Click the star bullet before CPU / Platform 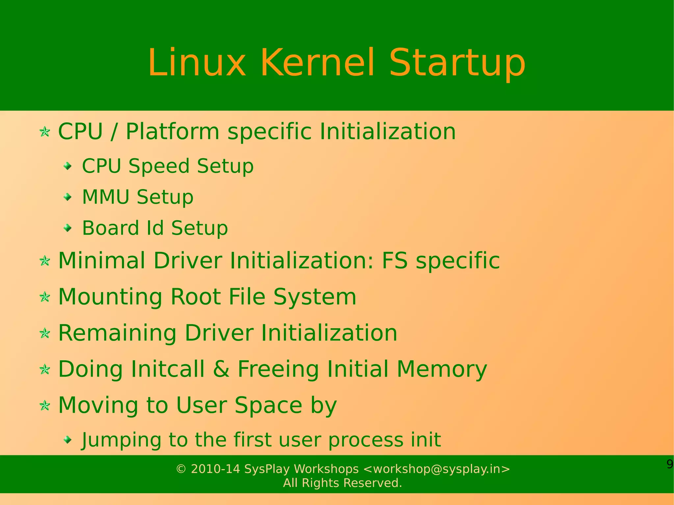[x=45, y=132]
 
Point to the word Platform [x=172, y=132]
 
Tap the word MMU [x=106, y=197]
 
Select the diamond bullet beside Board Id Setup [x=68, y=228]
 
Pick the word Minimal [x=102, y=261]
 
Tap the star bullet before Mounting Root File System [x=45, y=297]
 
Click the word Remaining [x=117, y=333]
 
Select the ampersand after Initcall [x=221, y=369]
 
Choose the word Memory [x=442, y=369]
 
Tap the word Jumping [x=121, y=440]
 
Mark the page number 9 [x=670, y=464]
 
